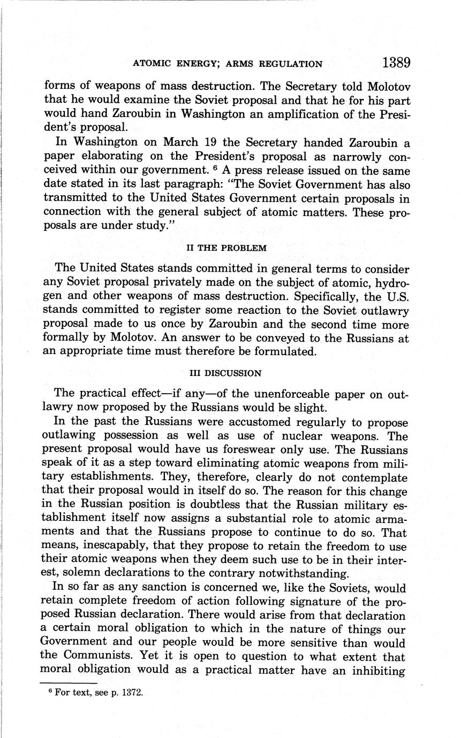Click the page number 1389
click(396, 63)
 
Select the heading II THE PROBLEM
click(225, 248)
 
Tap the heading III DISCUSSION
click(226, 373)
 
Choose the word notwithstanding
click(302, 574)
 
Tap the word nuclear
click(307, 436)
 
